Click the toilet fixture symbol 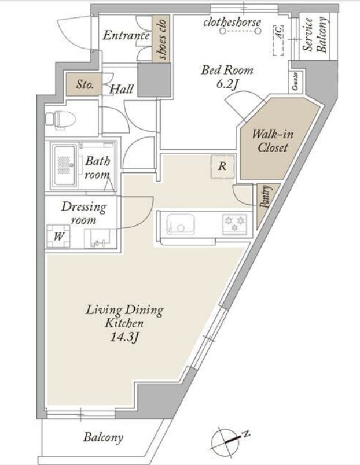pyautogui.click(x=61, y=120)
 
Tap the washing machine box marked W pyautogui.click(x=59, y=236)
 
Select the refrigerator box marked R pyautogui.click(x=223, y=167)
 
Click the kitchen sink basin pyautogui.click(x=180, y=224)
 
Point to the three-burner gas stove pyautogui.click(x=235, y=224)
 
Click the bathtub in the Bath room pyautogui.click(x=64, y=166)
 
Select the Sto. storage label pyautogui.click(x=85, y=84)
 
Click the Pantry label pyautogui.click(x=265, y=196)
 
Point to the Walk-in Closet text pyautogui.click(x=273, y=141)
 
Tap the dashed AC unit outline pyautogui.click(x=278, y=40)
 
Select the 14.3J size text pyautogui.click(x=124, y=338)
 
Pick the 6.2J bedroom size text pyautogui.click(x=227, y=84)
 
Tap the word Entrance pyautogui.click(x=126, y=36)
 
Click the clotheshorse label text pyautogui.click(x=232, y=23)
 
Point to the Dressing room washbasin pyautogui.click(x=100, y=238)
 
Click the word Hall pyautogui.click(x=122, y=89)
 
